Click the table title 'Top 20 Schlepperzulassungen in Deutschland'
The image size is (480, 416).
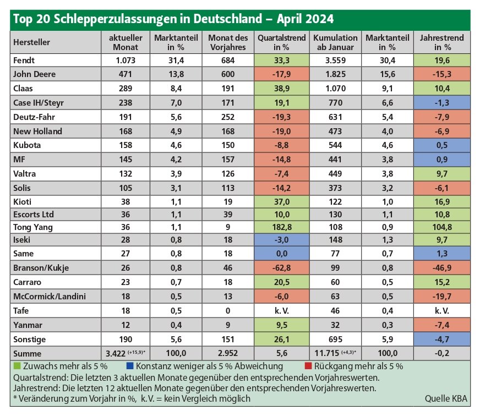pos(138,19)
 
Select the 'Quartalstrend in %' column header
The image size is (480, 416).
pos(282,42)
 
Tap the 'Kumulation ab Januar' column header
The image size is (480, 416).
pos(335,42)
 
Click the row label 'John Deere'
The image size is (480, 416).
pos(34,74)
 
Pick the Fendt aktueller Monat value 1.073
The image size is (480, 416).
pos(126,61)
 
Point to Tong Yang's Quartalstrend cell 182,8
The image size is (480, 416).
pos(282,227)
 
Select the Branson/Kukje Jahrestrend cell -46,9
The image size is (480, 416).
pos(441,268)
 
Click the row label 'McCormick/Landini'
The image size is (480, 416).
pos(50,296)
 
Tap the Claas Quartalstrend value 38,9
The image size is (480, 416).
pos(282,89)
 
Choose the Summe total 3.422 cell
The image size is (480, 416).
pos(126,354)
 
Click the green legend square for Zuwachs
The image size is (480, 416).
pos(17,366)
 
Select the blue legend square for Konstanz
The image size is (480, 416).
pos(129,366)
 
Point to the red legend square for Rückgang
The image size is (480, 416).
pos(308,366)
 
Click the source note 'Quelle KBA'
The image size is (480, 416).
pos(446,398)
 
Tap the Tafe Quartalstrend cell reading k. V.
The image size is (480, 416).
pos(282,311)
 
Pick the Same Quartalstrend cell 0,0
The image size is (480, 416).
pos(282,254)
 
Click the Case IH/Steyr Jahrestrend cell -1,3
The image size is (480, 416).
pos(441,102)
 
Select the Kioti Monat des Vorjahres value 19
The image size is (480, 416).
pos(228,202)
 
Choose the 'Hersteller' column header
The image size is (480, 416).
pos(31,42)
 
